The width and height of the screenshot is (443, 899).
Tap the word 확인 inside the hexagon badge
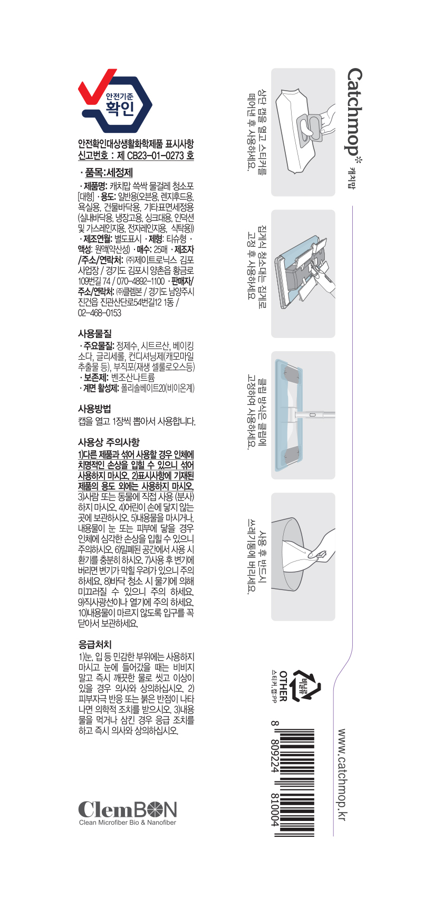(119, 108)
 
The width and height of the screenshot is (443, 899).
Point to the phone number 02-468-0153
(100, 313)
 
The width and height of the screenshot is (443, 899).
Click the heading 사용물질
(95, 334)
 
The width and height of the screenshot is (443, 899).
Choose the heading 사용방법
(94, 409)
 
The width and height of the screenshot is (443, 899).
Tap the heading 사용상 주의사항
(109, 442)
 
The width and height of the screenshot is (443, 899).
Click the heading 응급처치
(95, 644)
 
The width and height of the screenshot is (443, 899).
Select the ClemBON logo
(127, 809)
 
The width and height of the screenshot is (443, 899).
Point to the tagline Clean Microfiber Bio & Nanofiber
(128, 823)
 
